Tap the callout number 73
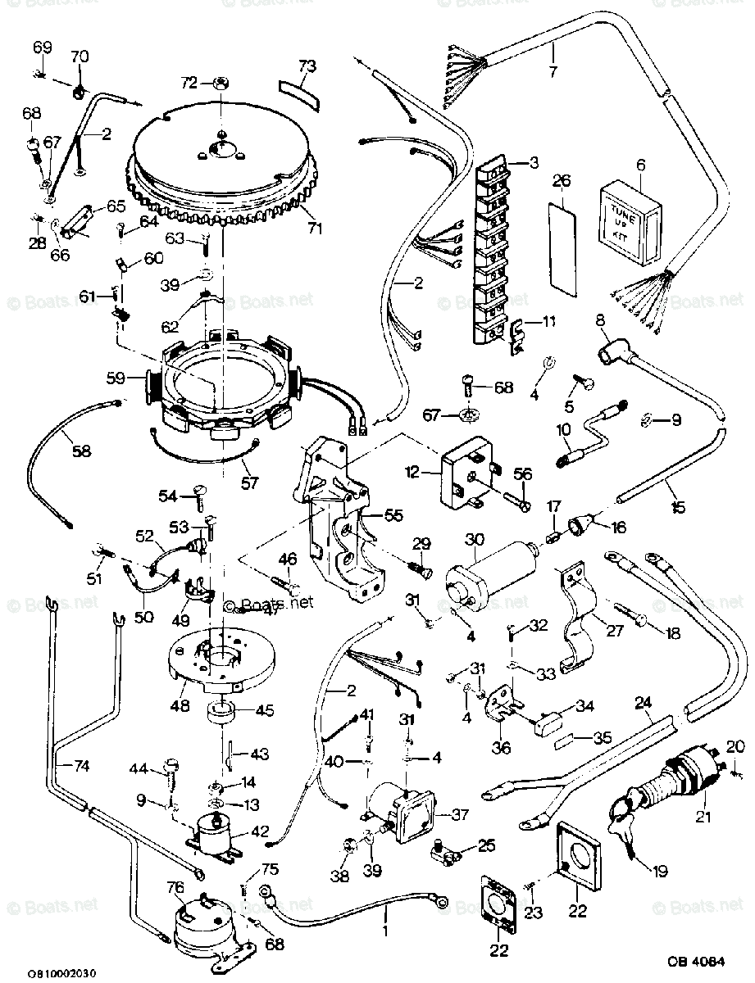point(307,66)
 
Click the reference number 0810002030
point(61,972)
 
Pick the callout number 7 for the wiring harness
point(553,71)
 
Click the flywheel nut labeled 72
point(221,83)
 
